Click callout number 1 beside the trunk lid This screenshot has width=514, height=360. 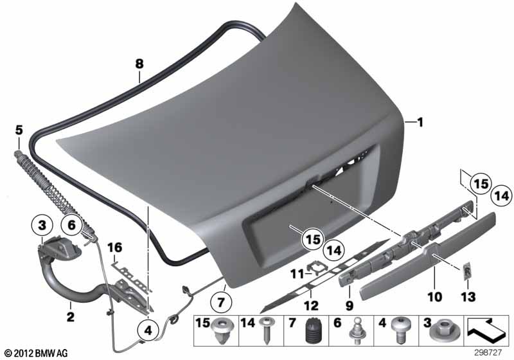point(420,123)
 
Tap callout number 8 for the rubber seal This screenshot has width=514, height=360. point(139,63)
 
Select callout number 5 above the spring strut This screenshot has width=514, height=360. point(19,130)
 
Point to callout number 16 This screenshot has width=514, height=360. point(114,248)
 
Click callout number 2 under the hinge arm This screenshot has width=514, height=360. point(71,317)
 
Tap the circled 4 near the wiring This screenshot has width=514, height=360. point(148,330)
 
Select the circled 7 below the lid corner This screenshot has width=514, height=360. point(221,302)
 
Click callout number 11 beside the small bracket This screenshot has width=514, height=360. point(297,273)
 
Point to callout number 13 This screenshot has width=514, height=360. point(468,297)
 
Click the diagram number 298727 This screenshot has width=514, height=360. point(488,353)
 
